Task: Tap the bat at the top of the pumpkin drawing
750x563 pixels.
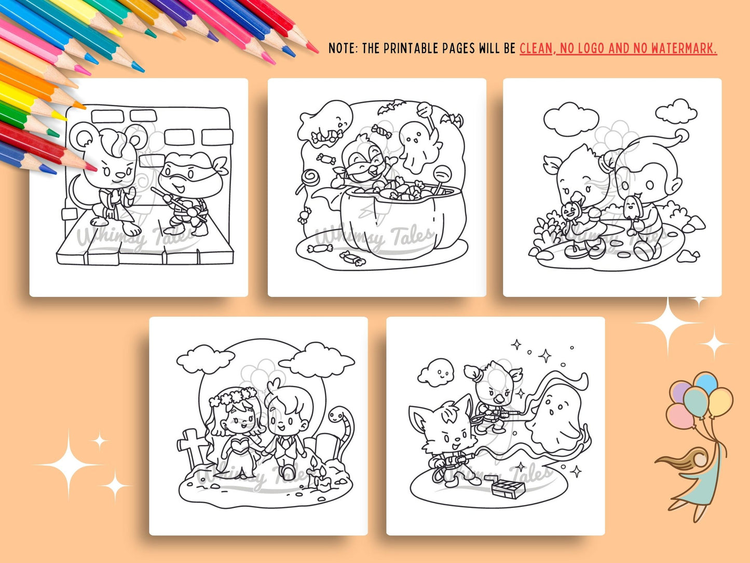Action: (x=391, y=106)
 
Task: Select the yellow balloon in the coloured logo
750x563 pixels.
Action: (x=720, y=402)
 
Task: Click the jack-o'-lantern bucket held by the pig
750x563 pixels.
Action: (x=570, y=212)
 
